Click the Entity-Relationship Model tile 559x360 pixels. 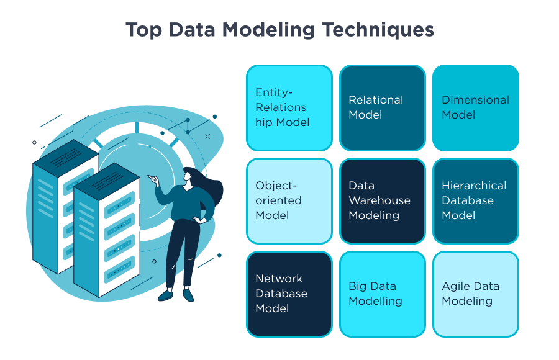(x=289, y=108)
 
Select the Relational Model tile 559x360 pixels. (x=382, y=108)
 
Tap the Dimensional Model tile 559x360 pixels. (x=475, y=108)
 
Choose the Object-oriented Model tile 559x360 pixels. (x=289, y=200)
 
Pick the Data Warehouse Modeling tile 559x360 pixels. (x=382, y=200)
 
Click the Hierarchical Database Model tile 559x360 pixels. (x=475, y=200)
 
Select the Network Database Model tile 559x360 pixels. (x=289, y=294)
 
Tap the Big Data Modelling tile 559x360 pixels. (x=382, y=294)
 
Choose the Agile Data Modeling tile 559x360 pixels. (x=475, y=294)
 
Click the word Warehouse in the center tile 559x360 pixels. (x=379, y=200)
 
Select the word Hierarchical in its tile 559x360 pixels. (x=474, y=186)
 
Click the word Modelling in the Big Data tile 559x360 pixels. (x=375, y=301)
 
